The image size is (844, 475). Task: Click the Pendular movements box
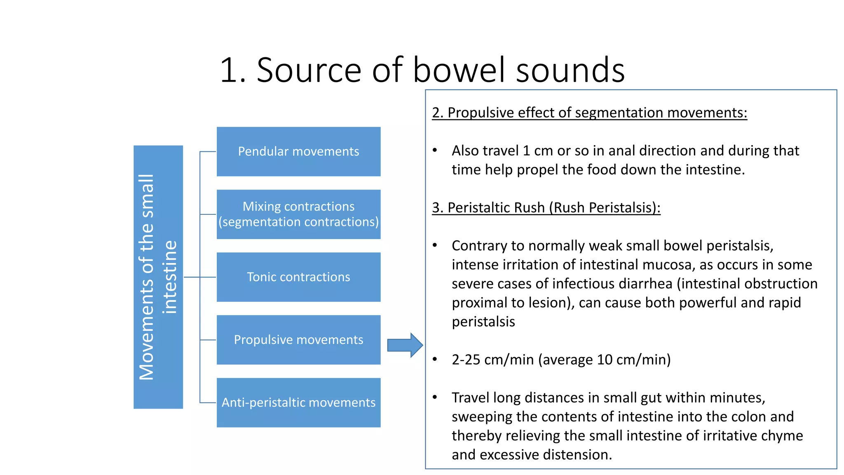click(298, 151)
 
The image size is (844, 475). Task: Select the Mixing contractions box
click(298, 214)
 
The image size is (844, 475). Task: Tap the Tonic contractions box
click(298, 277)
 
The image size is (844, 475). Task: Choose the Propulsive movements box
click(298, 340)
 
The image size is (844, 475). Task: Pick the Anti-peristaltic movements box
click(298, 402)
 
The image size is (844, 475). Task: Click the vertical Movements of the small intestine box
click(158, 277)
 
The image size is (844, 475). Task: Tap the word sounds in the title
click(570, 70)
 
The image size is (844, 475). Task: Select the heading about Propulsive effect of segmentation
click(589, 113)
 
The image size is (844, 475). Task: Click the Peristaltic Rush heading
click(546, 207)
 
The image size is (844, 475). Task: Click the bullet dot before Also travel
click(435, 150)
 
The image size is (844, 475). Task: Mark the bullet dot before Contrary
click(435, 245)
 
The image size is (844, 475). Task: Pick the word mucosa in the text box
click(668, 265)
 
